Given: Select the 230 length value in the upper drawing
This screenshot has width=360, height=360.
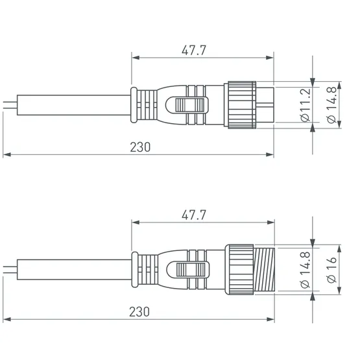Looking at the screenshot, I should click(139, 147).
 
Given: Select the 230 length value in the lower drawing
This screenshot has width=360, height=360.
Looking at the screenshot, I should click(139, 311).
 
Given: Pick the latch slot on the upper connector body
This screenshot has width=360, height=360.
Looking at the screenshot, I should click(191, 104).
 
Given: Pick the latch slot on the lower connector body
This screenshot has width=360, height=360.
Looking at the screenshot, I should click(191, 269).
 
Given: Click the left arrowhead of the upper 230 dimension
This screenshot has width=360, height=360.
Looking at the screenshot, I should click(7, 155).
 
